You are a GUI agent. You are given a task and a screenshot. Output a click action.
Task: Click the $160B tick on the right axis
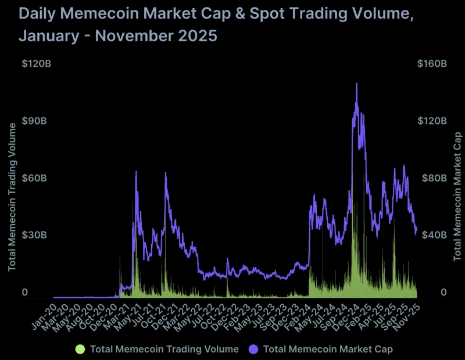pos(432,63)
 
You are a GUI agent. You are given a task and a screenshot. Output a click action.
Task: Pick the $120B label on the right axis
pos(432,121)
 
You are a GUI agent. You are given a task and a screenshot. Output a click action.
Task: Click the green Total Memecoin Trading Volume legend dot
pos(80,349)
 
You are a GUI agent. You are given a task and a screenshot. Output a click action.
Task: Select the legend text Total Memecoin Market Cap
pos(328,349)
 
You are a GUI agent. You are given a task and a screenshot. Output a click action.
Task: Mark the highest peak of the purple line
pos(356,84)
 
